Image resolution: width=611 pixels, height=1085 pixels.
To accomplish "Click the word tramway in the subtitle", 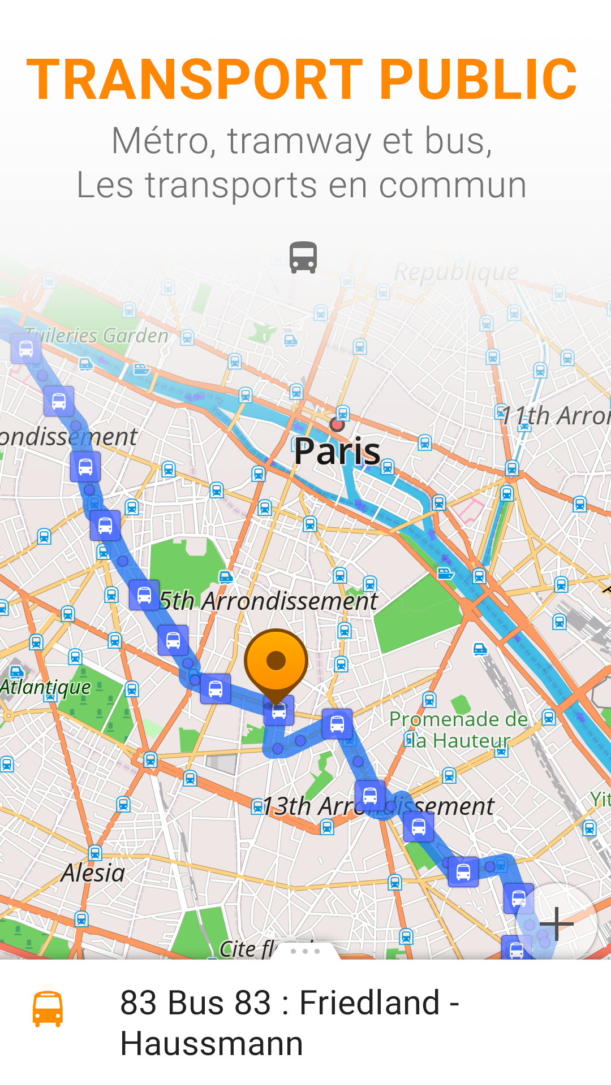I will (x=299, y=141).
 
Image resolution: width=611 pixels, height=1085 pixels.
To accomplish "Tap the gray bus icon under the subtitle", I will (x=303, y=258).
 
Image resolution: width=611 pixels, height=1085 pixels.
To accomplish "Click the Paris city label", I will (x=337, y=452).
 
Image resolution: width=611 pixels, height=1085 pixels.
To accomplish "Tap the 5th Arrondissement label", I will (x=268, y=601).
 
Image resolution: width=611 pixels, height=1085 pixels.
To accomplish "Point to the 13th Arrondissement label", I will (x=378, y=806).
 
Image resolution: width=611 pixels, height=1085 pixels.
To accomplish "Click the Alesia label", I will (x=93, y=873).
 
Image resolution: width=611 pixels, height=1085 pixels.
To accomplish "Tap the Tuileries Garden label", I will (x=97, y=336).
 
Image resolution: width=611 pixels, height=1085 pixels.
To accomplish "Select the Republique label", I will (x=456, y=272).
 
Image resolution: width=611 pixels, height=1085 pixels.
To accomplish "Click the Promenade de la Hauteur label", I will (x=458, y=730).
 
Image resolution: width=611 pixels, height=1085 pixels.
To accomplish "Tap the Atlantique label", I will (x=45, y=687).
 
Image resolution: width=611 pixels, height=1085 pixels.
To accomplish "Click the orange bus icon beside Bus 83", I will (x=48, y=1009).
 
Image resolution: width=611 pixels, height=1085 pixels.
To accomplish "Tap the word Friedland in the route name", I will (x=369, y=1003).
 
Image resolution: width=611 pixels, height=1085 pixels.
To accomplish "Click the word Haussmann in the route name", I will (x=212, y=1043).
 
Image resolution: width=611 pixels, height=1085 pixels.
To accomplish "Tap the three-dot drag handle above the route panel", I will (x=305, y=951).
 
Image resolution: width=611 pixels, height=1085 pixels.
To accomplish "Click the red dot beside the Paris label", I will (x=337, y=424).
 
